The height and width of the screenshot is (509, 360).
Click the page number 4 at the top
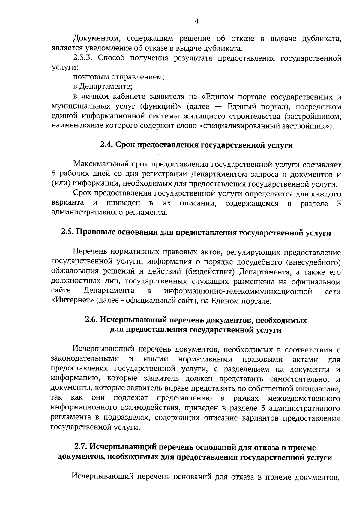(x=197, y=21)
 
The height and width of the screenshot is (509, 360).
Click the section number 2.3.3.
(x=82, y=58)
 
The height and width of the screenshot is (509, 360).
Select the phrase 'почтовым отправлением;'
(x=119, y=77)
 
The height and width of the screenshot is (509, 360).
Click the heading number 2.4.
(x=106, y=145)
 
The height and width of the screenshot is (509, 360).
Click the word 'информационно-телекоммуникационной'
(x=238, y=291)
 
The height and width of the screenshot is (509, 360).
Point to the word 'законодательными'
(x=85, y=359)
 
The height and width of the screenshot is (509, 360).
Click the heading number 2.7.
(x=81, y=448)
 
